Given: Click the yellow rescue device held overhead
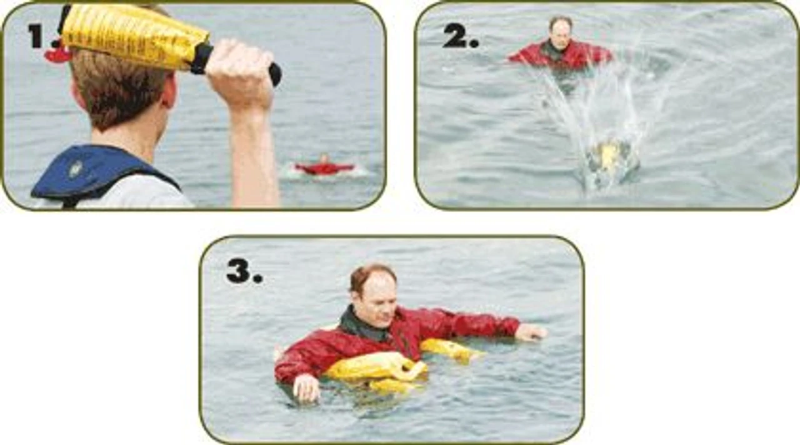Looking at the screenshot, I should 134,34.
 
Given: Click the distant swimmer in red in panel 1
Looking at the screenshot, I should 324,167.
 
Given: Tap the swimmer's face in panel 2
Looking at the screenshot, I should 561,34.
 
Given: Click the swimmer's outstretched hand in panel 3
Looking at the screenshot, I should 531,332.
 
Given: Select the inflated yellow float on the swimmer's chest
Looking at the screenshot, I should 375,368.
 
